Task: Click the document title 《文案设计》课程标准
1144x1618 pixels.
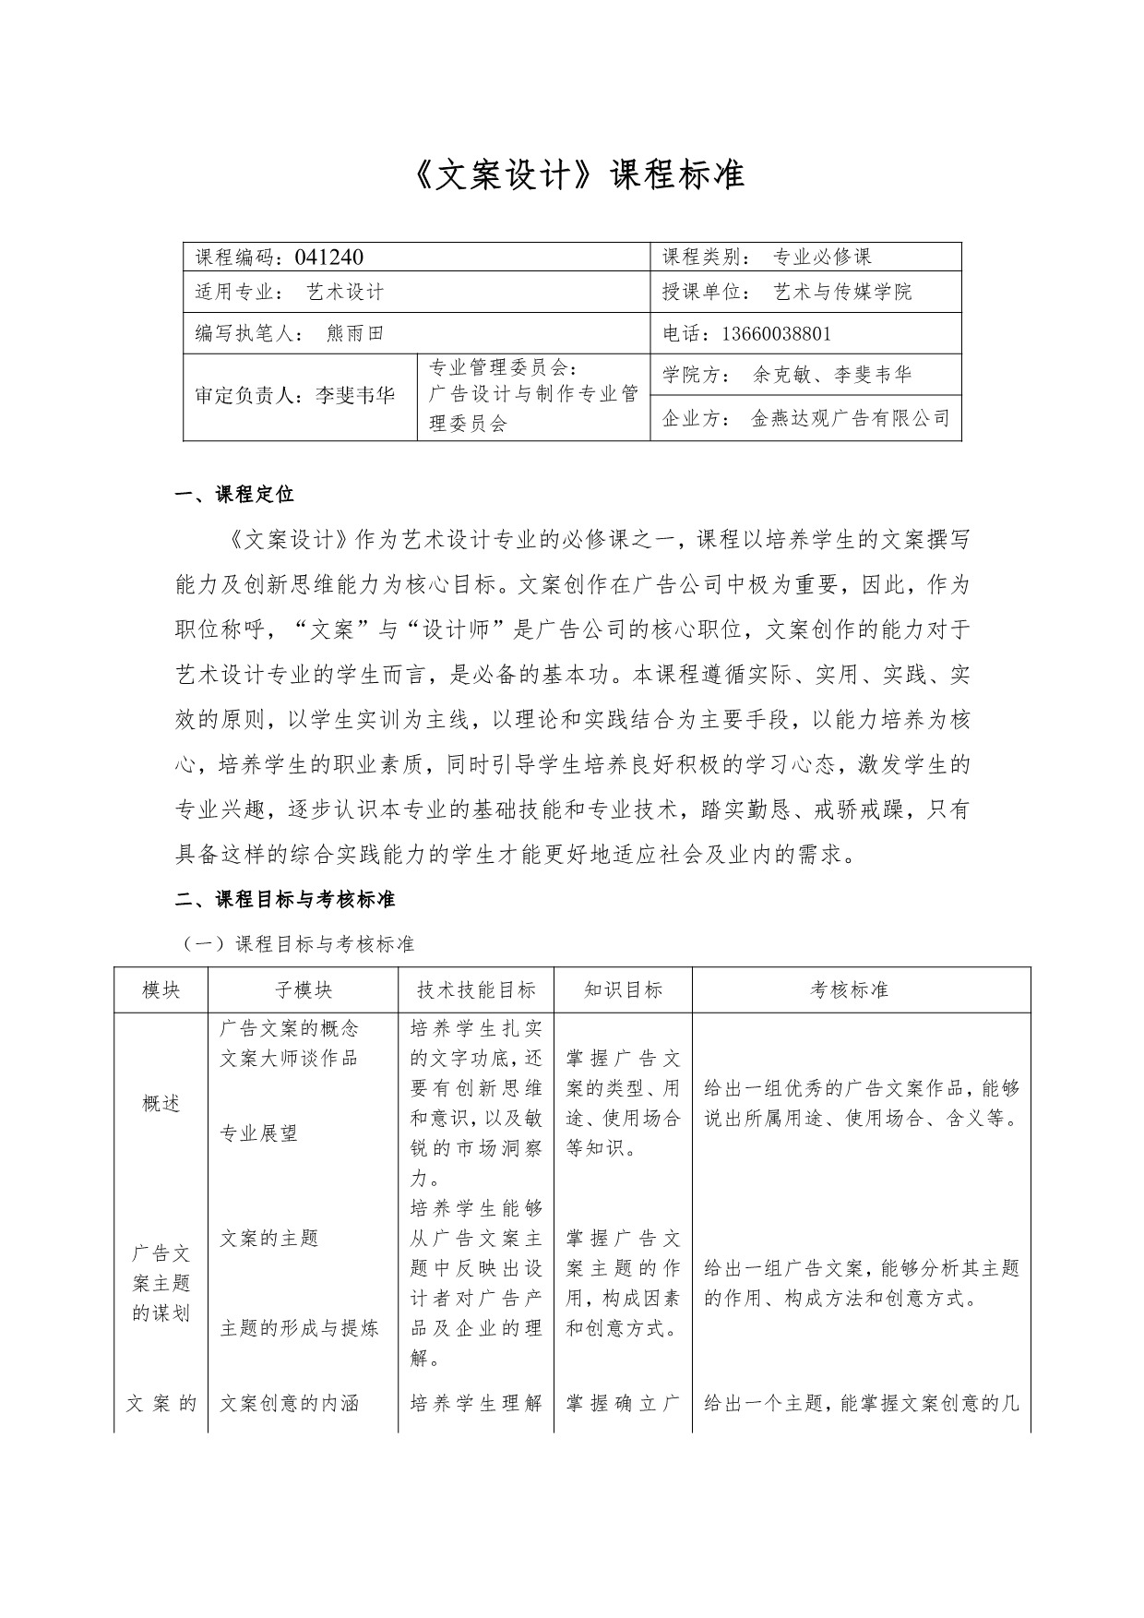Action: click(572, 174)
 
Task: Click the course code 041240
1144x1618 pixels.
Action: click(328, 257)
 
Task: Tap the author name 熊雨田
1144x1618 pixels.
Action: click(355, 333)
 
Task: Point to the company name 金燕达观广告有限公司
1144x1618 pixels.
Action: click(850, 418)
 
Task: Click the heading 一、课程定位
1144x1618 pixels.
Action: click(234, 494)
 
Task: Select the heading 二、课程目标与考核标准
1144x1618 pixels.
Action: click(285, 898)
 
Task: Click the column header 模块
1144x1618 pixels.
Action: click(161, 990)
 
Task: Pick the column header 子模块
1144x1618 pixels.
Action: click(303, 990)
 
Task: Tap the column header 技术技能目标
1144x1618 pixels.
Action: click(476, 990)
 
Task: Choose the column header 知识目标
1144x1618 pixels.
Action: click(623, 990)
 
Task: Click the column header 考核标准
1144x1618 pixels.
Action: click(849, 990)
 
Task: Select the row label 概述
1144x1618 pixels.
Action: click(161, 1103)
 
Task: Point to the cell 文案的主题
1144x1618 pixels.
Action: click(268, 1238)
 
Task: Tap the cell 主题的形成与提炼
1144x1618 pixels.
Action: click(299, 1328)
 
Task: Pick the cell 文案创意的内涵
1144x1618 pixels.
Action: click(289, 1404)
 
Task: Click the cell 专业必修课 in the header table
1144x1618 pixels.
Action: click(821, 257)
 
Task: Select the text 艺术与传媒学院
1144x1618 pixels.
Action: click(841, 293)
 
